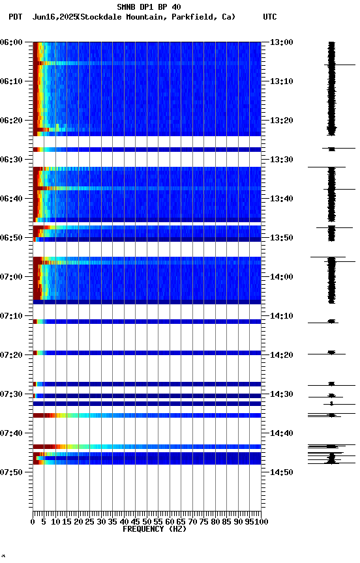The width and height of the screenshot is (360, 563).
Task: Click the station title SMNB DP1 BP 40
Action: (x=149, y=7)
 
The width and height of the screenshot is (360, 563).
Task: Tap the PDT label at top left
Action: (x=15, y=17)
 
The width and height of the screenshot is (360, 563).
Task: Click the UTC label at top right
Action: (x=270, y=17)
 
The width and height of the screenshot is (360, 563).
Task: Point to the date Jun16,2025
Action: (x=53, y=17)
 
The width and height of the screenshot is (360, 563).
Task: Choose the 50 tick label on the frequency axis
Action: (x=147, y=522)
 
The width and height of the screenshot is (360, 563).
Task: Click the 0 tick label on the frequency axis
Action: (x=33, y=522)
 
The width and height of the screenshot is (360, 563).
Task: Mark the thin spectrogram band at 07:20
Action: (x=147, y=353)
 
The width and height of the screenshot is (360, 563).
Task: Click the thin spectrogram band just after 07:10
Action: (x=147, y=321)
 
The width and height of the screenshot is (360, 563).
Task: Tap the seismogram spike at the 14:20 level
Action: (x=331, y=353)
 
